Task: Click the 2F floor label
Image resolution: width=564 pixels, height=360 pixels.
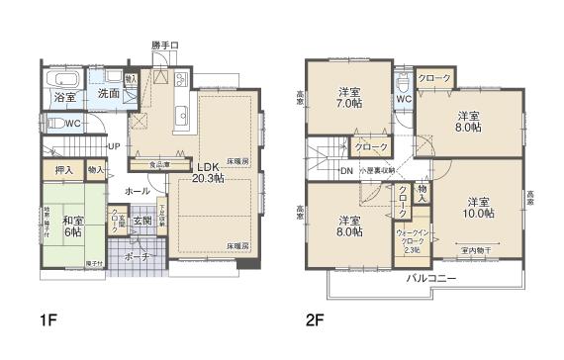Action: [x=315, y=322]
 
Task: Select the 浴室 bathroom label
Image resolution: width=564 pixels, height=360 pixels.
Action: [x=66, y=98]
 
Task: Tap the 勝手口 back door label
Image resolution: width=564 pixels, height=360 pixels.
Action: [x=163, y=45]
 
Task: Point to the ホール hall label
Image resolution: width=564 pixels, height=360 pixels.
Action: [x=138, y=190]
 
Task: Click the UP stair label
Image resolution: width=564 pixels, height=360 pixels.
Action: [x=114, y=146]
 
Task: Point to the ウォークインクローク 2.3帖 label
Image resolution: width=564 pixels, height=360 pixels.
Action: [x=411, y=241]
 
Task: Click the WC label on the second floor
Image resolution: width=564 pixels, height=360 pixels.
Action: [x=404, y=99]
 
